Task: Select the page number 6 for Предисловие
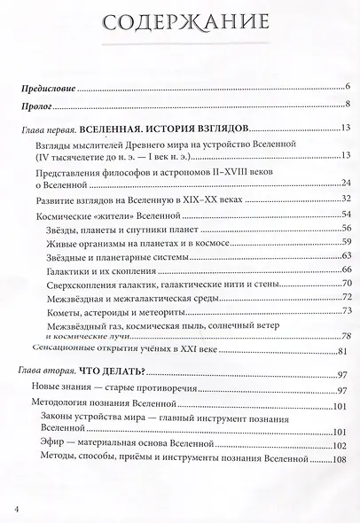pos(348,86)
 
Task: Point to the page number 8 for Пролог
pos(348,106)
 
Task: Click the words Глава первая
pos(50,130)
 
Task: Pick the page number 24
pos(347,183)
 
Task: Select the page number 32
pos(347,199)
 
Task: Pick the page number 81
pos(347,352)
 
